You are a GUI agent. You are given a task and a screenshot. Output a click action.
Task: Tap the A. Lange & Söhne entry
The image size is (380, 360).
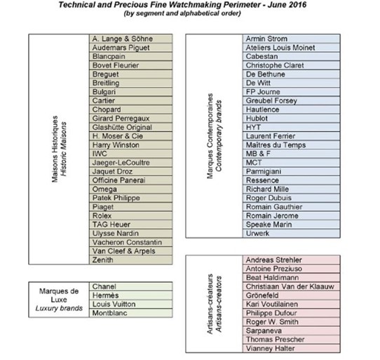(x=123, y=37)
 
